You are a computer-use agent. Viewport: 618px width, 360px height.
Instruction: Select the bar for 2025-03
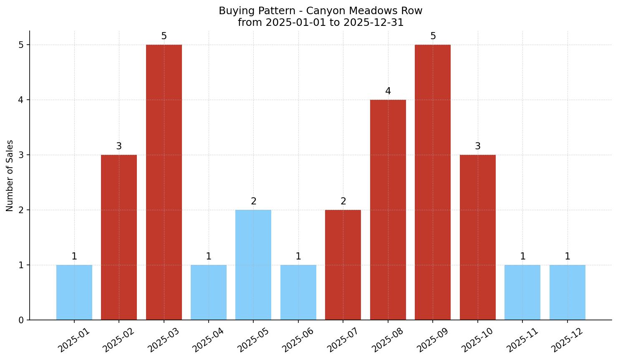pos(164,182)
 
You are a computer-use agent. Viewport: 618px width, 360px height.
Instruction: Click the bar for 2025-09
pos(433,182)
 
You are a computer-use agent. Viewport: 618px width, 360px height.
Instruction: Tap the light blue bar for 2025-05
pos(253,265)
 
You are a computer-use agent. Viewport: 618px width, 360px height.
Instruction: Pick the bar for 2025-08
pos(388,210)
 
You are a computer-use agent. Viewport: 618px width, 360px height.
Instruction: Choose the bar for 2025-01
pos(74,292)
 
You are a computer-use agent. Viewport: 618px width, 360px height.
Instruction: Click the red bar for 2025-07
pos(343,265)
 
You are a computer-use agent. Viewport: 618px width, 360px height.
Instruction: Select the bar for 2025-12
pos(567,292)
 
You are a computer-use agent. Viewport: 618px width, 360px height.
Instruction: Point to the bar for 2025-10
pos(478,237)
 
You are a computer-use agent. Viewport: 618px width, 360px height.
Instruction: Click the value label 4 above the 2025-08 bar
pos(388,91)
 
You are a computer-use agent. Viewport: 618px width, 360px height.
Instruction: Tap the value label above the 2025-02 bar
pos(119,146)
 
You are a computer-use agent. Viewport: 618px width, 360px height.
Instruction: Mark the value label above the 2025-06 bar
pos(298,257)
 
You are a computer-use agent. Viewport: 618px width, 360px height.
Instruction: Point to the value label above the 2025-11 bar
pos(522,257)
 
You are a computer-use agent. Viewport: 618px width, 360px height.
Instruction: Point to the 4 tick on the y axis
pos(21,100)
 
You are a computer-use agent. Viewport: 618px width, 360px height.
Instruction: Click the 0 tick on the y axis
pos(21,320)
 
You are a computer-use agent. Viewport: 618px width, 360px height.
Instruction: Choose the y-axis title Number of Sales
pos(10,176)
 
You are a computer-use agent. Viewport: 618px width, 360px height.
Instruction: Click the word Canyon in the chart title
pos(330,11)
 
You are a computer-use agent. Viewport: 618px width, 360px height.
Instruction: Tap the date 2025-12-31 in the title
pos(373,23)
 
